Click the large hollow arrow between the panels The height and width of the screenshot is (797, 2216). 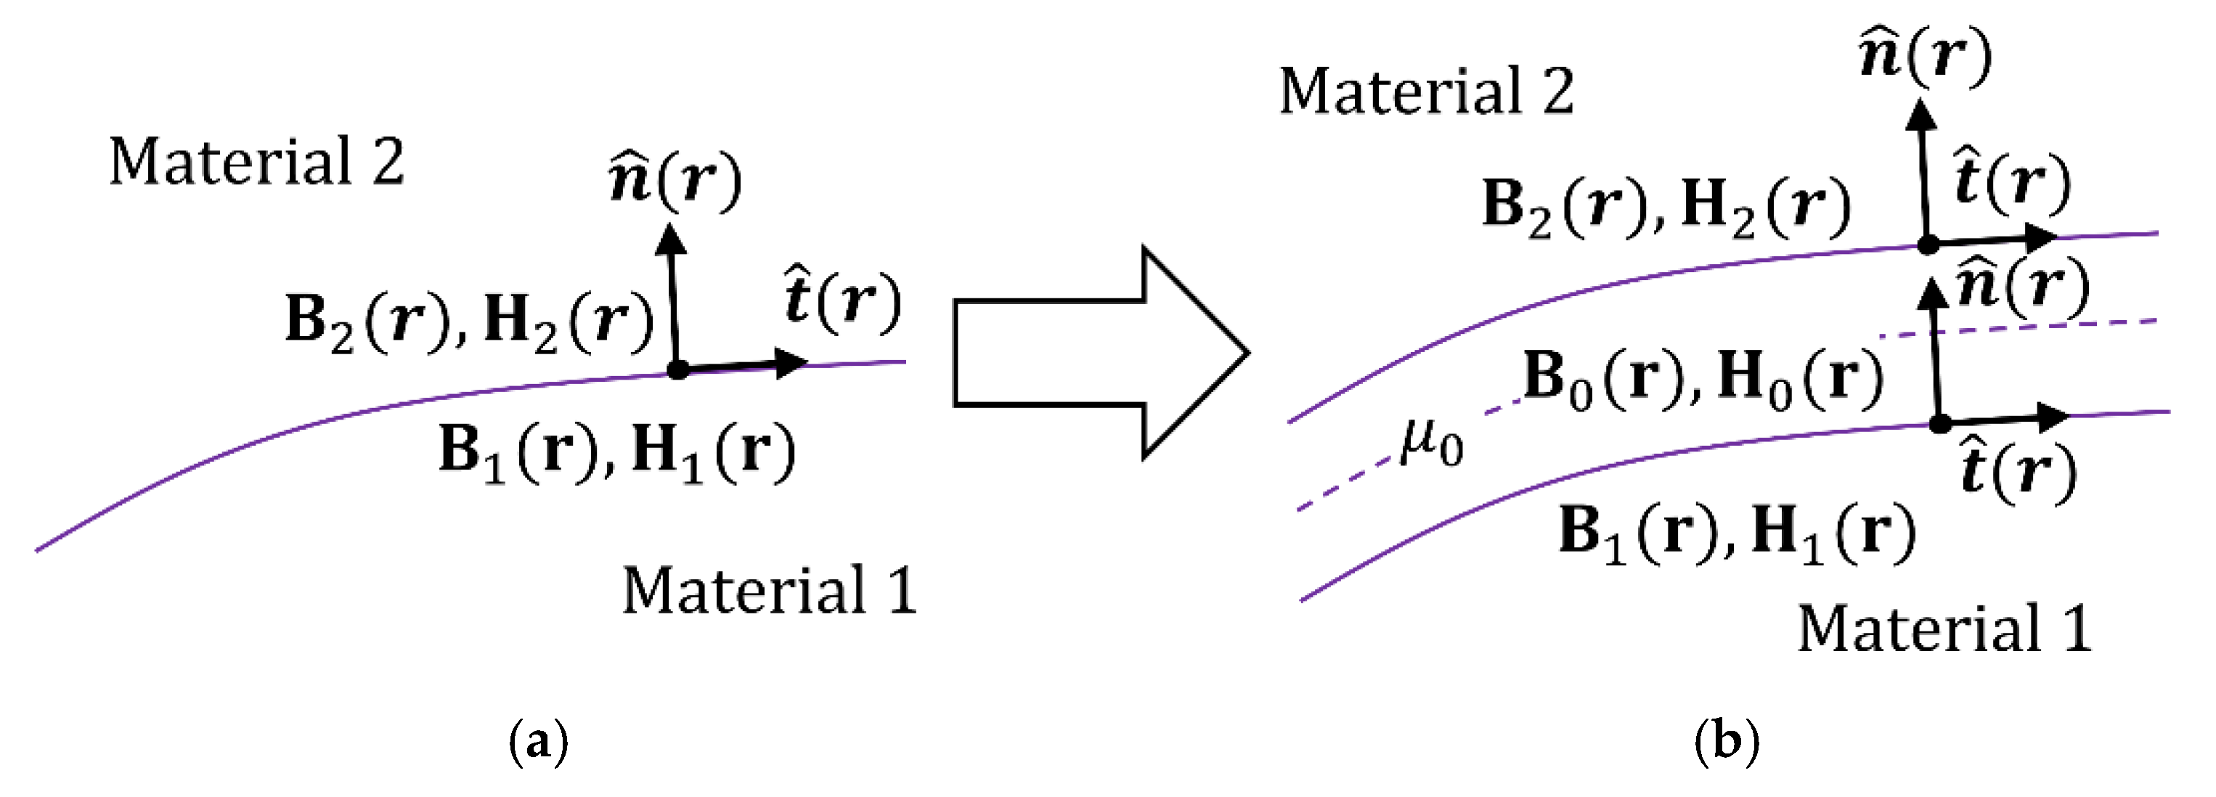pyautogui.click(x=1093, y=353)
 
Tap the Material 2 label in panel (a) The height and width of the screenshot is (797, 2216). pyautogui.click(x=256, y=162)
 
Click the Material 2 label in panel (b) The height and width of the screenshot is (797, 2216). pyautogui.click(x=1425, y=91)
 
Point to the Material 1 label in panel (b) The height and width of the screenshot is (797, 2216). pyautogui.click(x=1944, y=629)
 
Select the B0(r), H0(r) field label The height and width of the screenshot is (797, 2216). pyautogui.click(x=1703, y=379)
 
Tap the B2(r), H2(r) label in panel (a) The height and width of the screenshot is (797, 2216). pyautogui.click(x=470, y=322)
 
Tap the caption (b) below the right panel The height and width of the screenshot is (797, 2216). pyautogui.click(x=1727, y=740)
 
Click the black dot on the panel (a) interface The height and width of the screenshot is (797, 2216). pyautogui.click(x=678, y=371)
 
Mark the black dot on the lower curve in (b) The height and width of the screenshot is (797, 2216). pyautogui.click(x=1940, y=423)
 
